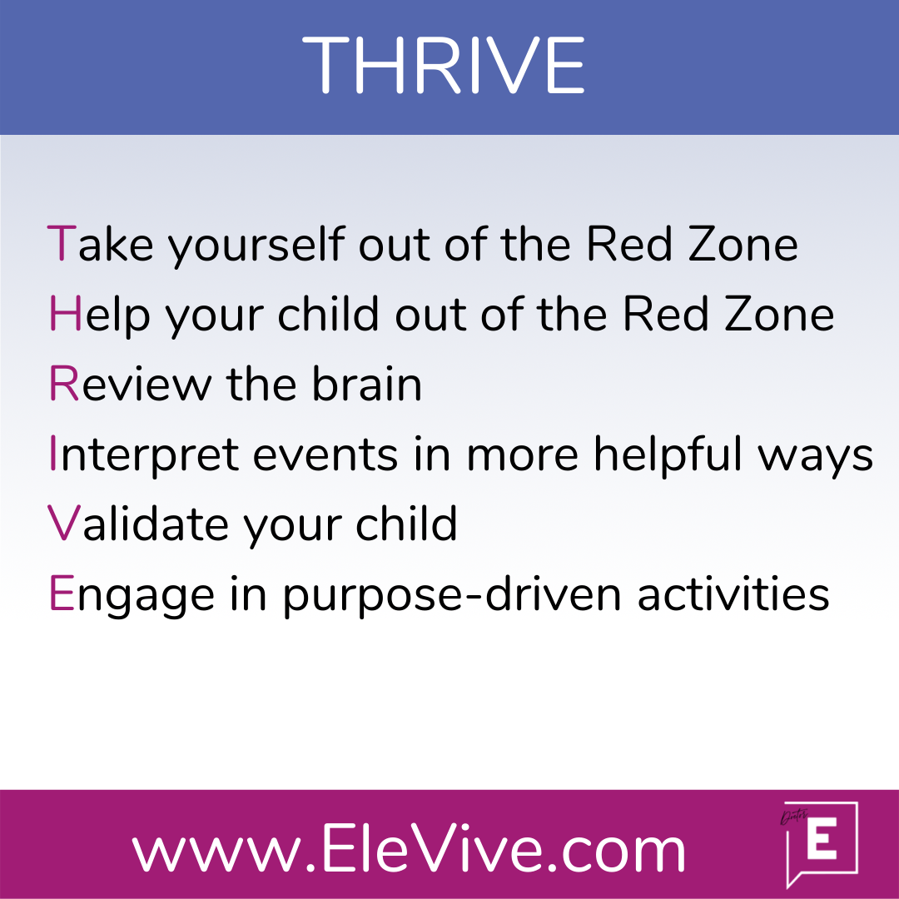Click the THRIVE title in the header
443,64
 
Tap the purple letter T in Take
62,244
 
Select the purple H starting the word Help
65,313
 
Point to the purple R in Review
63,383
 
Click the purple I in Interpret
52,453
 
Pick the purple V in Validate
63,523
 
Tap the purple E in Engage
62,593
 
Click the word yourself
256,246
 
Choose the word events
325,454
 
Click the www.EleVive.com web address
409,847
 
